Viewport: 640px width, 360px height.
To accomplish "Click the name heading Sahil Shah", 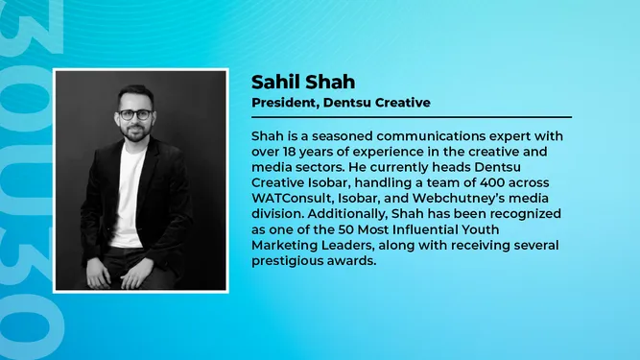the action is pos(303,82).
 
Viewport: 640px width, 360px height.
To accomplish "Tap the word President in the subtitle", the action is pos(285,103).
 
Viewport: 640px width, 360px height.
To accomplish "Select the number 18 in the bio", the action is pos(289,152).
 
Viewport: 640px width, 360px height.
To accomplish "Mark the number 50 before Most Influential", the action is pos(345,229).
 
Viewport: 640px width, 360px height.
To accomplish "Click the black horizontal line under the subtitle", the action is pos(412,117).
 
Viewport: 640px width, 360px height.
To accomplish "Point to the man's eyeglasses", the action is pos(136,114).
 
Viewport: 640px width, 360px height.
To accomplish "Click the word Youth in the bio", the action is pos(481,229).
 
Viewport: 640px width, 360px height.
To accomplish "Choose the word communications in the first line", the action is pos(431,136).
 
